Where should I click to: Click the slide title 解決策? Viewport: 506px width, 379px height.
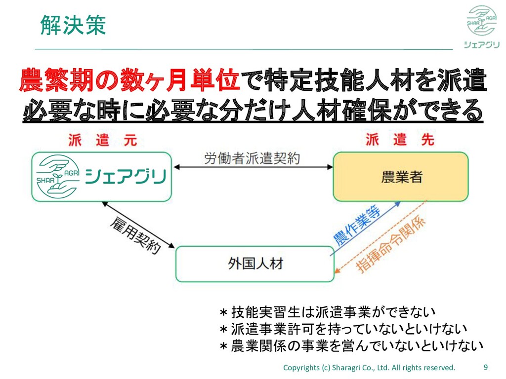click(x=73, y=25)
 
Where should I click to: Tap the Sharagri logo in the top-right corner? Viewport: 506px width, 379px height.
click(x=481, y=27)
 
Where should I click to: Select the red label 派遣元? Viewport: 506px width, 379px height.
click(x=102, y=140)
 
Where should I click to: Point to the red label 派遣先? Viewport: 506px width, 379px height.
click(x=400, y=140)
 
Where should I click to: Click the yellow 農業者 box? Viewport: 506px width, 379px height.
click(x=401, y=177)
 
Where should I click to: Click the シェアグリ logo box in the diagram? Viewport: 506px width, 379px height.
click(x=102, y=176)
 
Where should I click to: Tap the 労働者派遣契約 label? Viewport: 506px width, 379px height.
click(x=252, y=159)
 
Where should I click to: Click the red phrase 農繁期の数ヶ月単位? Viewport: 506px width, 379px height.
click(x=129, y=81)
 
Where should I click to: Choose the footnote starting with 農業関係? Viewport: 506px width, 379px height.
click(x=351, y=345)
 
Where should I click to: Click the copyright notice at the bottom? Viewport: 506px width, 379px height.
click(x=369, y=368)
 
